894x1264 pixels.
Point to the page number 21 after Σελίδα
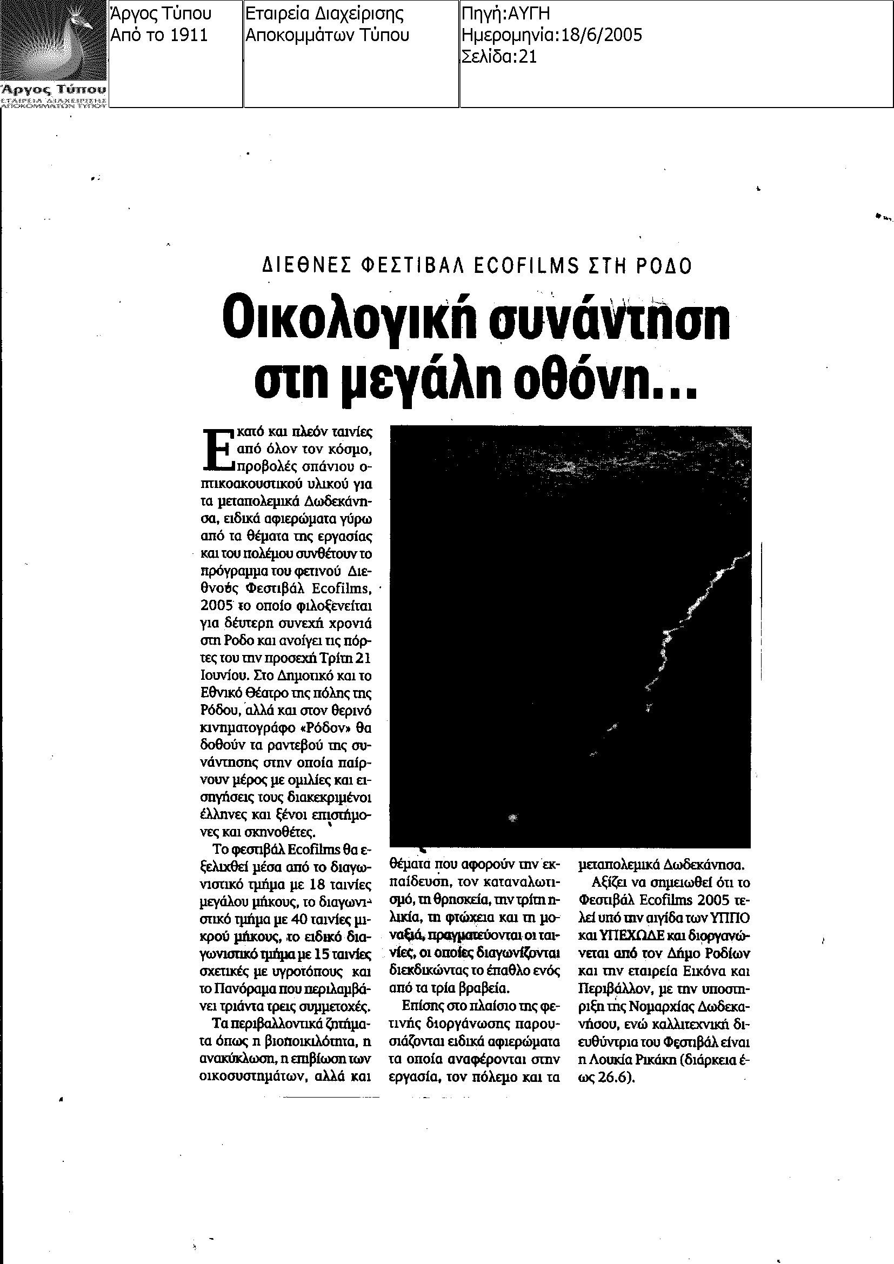(528, 57)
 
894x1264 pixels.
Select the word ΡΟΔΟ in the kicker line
(664, 266)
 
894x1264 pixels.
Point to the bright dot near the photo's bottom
(513, 818)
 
